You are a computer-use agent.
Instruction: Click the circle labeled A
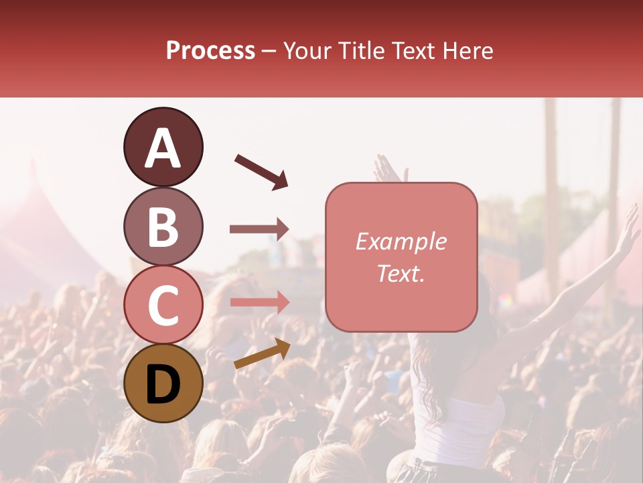[163, 147]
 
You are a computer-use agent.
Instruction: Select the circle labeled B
[163, 226]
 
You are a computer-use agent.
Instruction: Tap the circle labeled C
[163, 305]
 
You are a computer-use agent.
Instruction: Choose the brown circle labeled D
[163, 383]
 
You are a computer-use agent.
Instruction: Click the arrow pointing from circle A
[261, 171]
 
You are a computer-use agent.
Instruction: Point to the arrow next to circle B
[259, 229]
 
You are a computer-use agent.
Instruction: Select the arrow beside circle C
[259, 302]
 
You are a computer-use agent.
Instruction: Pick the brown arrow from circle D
[262, 353]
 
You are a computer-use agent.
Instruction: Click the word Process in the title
[210, 50]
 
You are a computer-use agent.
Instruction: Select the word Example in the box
[401, 241]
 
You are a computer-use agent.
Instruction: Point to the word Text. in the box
[401, 273]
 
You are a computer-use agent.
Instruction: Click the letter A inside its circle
[163, 148]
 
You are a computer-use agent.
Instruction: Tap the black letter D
[163, 384]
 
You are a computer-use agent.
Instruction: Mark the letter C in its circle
[163, 305]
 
